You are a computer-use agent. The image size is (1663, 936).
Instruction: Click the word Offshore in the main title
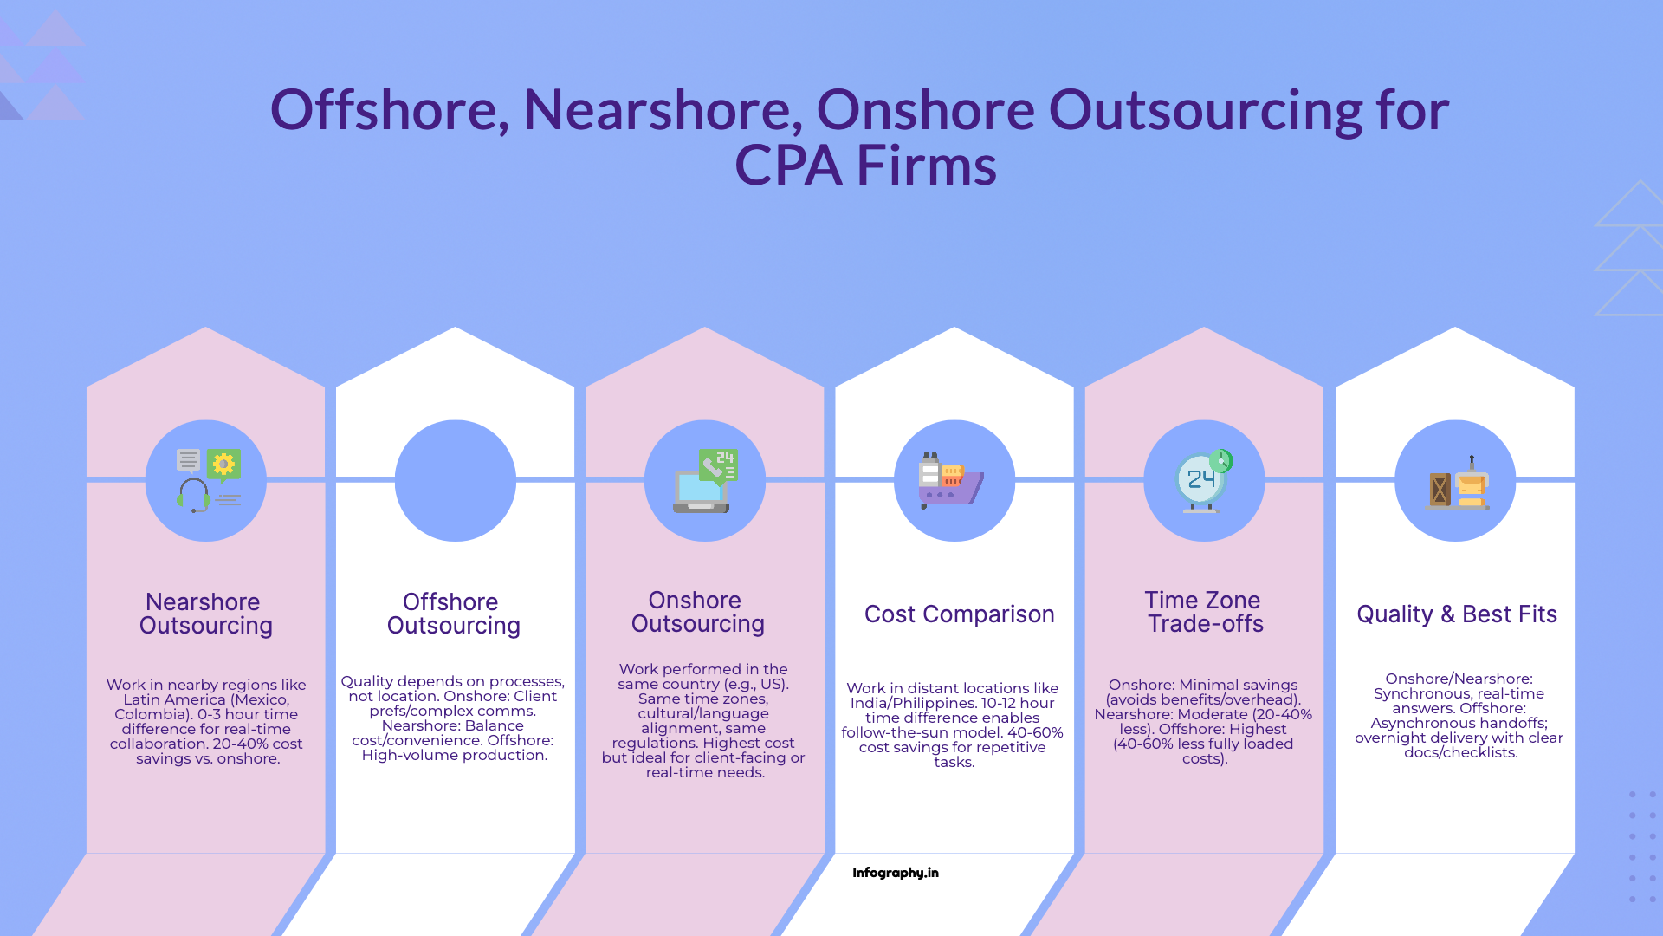pos(388,110)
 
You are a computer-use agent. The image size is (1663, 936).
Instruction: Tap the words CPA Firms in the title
pos(865,166)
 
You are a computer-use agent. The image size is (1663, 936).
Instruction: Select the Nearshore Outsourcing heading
pos(206,614)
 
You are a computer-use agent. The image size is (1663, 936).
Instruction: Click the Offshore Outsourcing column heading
pos(453,614)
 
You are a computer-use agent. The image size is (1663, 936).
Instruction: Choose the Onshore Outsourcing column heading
pos(697,612)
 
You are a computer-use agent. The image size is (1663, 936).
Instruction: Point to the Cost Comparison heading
pos(959,614)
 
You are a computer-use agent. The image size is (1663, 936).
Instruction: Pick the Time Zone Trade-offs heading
pos(1204,612)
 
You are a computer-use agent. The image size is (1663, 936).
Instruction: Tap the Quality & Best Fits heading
pos(1456,614)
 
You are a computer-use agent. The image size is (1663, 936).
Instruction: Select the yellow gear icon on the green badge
pos(223,465)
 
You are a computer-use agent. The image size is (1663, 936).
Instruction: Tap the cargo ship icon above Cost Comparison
pos(951,481)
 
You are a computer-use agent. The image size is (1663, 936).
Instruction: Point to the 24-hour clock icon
pos(1202,480)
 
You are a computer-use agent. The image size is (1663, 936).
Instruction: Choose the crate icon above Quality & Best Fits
pos(1440,490)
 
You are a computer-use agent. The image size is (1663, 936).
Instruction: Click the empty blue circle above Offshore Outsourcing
pos(455,481)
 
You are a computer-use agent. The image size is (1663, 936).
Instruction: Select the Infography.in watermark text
pos(895,873)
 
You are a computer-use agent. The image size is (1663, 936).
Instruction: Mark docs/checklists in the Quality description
pos(1460,753)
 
